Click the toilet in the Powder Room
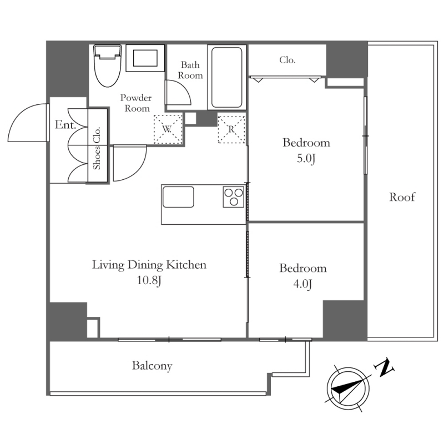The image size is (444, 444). [x=108, y=65]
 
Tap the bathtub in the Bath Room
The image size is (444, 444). [x=226, y=77]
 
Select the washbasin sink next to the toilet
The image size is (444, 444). [x=145, y=58]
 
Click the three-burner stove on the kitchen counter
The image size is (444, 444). [x=234, y=197]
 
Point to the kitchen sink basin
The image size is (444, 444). [x=178, y=197]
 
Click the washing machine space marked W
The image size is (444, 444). [x=168, y=129]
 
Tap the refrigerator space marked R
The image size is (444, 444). [x=231, y=129]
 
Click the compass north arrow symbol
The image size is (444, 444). [x=349, y=388]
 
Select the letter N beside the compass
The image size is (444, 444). [x=384, y=368]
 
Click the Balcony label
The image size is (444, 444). [x=152, y=366]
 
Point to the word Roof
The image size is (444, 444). [x=402, y=197]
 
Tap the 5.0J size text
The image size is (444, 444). [x=306, y=159]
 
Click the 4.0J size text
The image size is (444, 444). [x=302, y=284]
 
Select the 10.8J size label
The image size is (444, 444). [x=149, y=280]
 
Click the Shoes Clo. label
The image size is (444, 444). [x=97, y=148]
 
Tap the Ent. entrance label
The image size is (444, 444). [x=65, y=125]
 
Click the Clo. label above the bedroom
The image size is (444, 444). [x=287, y=60]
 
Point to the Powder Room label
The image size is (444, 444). [x=136, y=103]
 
